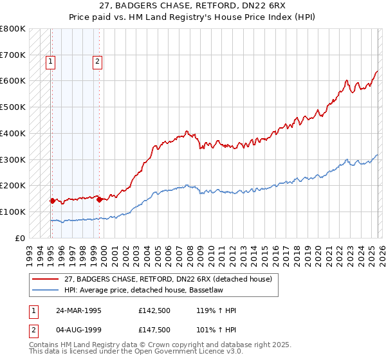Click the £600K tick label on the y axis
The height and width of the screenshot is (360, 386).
tap(13, 81)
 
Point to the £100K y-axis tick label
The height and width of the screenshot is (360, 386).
tap(13, 212)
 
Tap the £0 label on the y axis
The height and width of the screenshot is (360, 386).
tap(20, 238)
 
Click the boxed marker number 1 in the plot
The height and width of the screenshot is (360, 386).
tap(51, 62)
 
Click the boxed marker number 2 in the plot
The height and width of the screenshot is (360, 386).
tap(97, 62)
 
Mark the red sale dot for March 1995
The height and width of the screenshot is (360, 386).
tap(51, 201)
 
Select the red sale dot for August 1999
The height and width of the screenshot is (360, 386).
tap(99, 199)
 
